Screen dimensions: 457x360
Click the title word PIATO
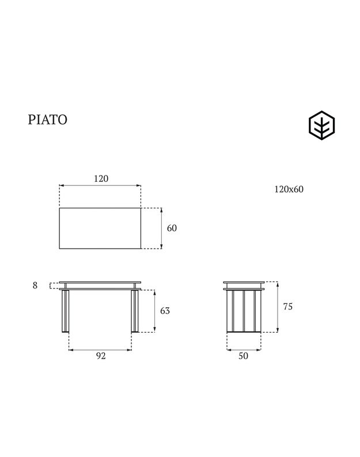point(48,120)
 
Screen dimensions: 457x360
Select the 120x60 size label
point(289,189)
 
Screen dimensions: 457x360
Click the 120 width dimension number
point(101,178)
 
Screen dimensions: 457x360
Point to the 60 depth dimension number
point(171,228)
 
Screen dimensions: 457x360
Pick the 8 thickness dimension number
point(35,285)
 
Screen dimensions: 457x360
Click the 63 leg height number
point(165,311)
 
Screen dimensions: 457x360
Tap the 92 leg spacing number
point(101,356)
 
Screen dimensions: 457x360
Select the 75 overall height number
point(287,307)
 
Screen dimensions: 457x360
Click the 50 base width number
point(243,356)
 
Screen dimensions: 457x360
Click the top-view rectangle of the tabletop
point(100,228)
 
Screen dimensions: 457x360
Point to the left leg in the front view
point(65,311)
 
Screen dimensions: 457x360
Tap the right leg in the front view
point(135,311)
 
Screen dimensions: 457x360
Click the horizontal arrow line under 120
point(100,186)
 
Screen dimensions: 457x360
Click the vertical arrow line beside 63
point(154,311)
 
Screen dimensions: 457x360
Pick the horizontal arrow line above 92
point(100,349)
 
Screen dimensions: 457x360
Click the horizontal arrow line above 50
point(243,349)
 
